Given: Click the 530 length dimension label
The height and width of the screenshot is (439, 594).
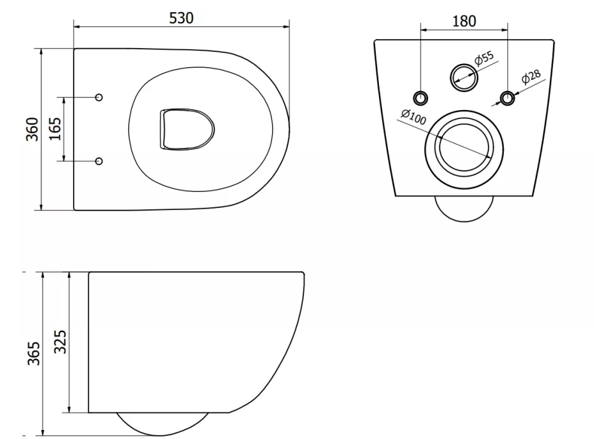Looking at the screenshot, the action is (x=181, y=18).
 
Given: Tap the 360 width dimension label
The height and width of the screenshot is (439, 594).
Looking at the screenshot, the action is (x=33, y=129).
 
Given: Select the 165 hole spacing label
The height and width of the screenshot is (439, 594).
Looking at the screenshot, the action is (x=55, y=129).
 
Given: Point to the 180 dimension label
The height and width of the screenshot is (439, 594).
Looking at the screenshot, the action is (x=464, y=21).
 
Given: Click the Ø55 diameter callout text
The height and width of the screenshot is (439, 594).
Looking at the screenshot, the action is (x=484, y=58).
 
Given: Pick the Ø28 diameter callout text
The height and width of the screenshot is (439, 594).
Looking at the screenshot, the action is (x=531, y=77).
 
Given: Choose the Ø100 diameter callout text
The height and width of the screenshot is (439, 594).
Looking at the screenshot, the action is (x=413, y=116).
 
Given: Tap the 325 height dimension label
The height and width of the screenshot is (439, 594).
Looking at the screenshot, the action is (x=60, y=342).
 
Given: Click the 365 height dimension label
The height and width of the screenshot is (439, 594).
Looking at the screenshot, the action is (x=34, y=353).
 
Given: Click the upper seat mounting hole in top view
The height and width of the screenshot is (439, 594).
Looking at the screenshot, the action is (x=99, y=97).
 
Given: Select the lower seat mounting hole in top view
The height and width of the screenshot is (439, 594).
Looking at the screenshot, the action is (x=99, y=161).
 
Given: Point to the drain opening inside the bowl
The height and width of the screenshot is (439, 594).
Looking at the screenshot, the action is (x=186, y=129).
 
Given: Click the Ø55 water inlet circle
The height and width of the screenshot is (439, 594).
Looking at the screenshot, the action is (x=464, y=77).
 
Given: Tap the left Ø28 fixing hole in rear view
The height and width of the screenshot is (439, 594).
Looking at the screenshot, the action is (x=421, y=98).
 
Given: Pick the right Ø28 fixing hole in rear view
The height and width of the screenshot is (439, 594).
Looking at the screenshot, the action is (x=508, y=98).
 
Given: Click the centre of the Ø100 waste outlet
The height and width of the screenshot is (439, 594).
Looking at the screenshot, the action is (x=464, y=149).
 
